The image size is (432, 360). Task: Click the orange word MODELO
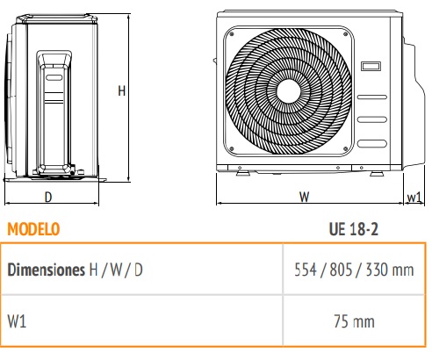[x=33, y=229]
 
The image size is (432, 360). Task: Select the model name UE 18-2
[x=354, y=229]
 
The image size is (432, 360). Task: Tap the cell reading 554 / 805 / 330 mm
[x=354, y=270]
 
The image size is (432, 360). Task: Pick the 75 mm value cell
[x=354, y=321]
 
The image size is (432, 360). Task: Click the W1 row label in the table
[x=17, y=321]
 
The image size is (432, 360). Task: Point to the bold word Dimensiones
[x=46, y=270]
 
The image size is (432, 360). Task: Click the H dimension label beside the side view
[x=121, y=91]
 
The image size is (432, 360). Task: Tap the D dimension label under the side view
[x=48, y=197]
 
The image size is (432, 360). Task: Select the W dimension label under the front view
[x=304, y=197]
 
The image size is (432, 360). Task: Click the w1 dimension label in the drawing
[x=414, y=198]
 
